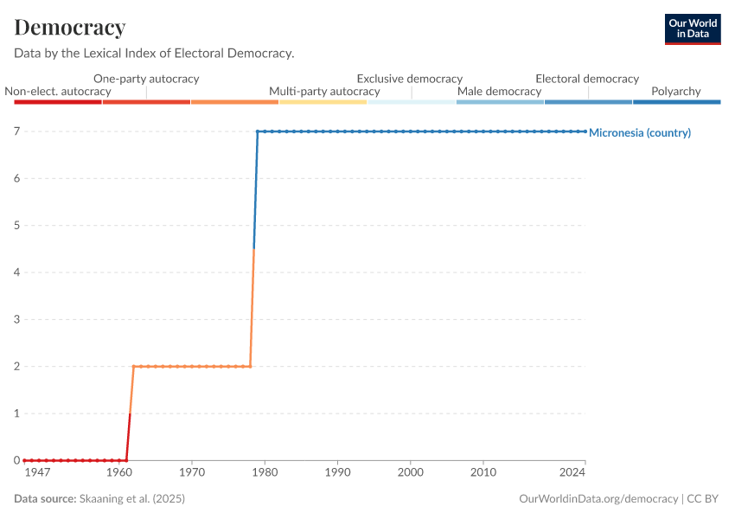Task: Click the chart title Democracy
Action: coord(70,28)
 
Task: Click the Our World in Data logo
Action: coord(693,29)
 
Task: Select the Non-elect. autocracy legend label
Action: coord(58,91)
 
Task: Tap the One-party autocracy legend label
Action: coord(146,79)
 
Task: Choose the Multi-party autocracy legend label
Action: coord(324,91)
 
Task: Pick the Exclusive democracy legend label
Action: coord(410,79)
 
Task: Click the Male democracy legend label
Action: coord(499,91)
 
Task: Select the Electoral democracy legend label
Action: coord(587,79)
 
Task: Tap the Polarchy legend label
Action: coord(676,91)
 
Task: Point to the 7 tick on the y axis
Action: coord(16,131)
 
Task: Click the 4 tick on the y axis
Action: coord(16,272)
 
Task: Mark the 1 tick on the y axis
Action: coord(16,413)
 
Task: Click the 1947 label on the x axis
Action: coord(36,472)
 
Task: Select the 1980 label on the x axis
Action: coord(265,472)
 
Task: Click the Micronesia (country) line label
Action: coord(640,133)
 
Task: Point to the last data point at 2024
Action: coord(585,131)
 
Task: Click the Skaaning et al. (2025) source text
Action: coord(132,499)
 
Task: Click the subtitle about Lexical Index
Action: coord(154,53)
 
